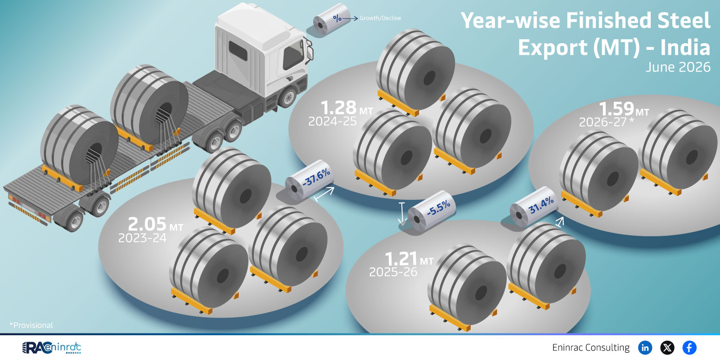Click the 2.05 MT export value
[x=156, y=224]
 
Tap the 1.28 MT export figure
[x=347, y=108]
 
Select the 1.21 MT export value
[x=409, y=259]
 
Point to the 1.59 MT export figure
[x=624, y=109]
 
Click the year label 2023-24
[x=142, y=238]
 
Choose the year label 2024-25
[x=333, y=121]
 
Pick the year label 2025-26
[x=393, y=272]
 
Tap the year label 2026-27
[x=606, y=122]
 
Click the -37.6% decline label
[x=316, y=177]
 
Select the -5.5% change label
[x=438, y=208]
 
